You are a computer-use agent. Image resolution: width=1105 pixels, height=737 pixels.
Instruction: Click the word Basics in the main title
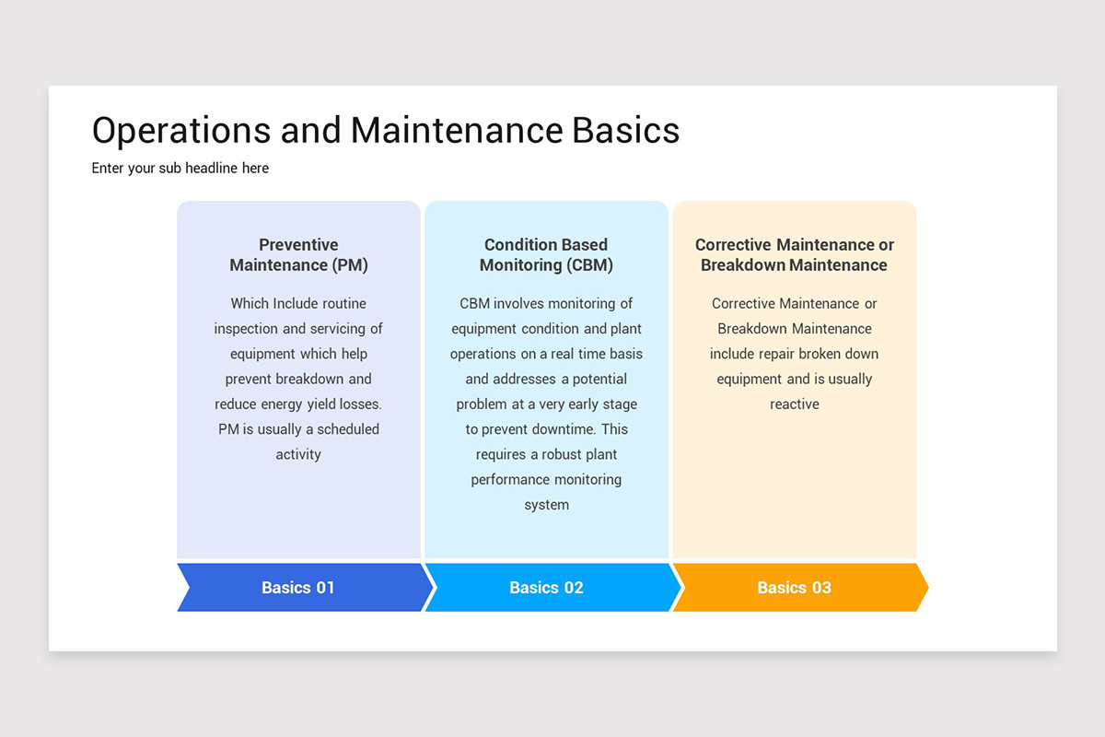coord(625,131)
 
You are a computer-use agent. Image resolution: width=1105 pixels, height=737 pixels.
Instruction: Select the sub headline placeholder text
coord(180,168)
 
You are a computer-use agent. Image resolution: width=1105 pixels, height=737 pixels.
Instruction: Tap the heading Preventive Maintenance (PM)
coord(298,255)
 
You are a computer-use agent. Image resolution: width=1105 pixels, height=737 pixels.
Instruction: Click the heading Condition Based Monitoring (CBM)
coord(546,255)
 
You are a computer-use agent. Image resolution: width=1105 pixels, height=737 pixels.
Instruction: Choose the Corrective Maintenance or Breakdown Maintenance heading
coord(794,255)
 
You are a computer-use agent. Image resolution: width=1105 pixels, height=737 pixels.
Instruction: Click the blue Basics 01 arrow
coord(298,588)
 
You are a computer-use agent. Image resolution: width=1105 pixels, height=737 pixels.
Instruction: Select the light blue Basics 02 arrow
coord(546,588)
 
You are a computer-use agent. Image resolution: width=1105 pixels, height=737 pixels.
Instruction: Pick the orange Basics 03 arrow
coord(794,588)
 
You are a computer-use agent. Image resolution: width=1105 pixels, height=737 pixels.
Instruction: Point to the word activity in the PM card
coord(298,454)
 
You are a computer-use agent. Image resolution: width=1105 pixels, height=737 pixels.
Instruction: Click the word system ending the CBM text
coord(546,505)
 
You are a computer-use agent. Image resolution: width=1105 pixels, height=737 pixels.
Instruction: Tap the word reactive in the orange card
coord(794,404)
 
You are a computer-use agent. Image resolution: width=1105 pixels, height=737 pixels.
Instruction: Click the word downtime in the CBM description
coord(565,429)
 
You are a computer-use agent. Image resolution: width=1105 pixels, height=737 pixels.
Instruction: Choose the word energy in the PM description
coord(285,404)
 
